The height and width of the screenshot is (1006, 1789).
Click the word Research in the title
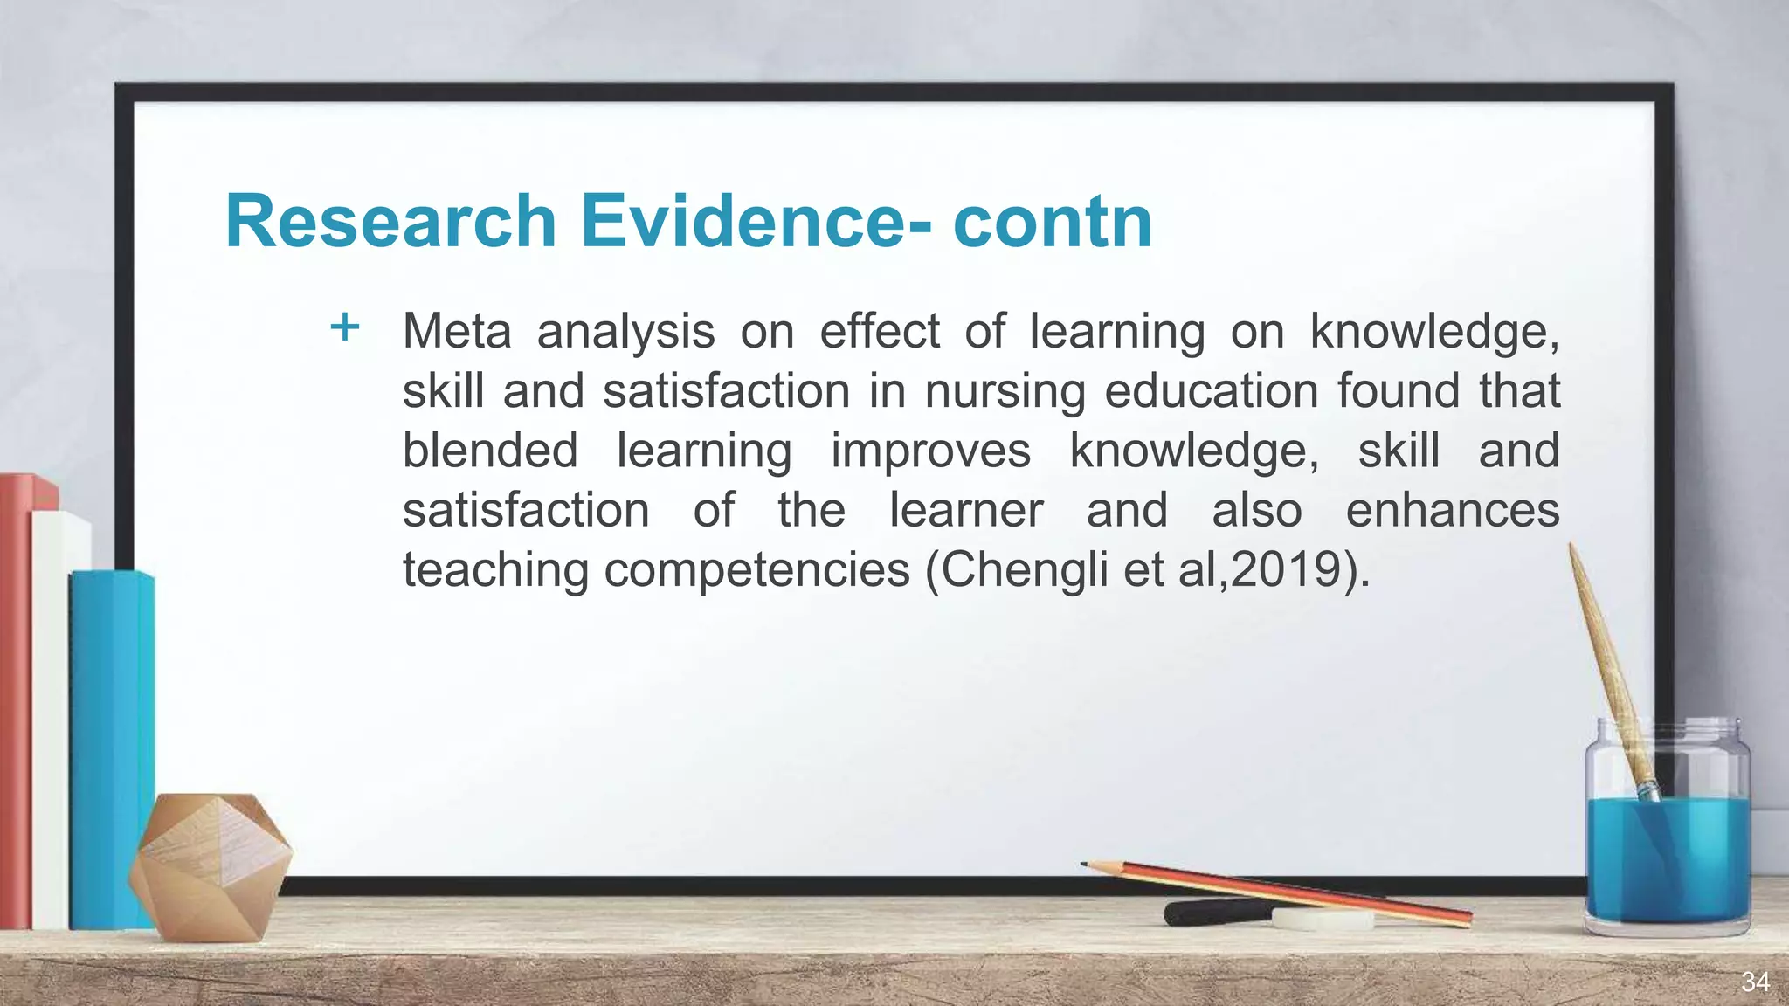click(x=390, y=221)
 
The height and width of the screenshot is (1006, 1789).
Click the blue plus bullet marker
click(x=345, y=327)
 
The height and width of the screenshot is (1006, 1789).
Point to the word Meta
click(x=456, y=332)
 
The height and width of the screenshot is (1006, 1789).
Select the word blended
click(x=490, y=451)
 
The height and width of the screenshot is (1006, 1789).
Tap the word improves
click(x=930, y=451)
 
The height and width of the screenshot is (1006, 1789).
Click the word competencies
click(x=756, y=569)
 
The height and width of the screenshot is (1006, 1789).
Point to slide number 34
click(x=1755, y=982)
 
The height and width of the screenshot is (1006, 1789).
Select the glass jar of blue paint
click(x=1667, y=838)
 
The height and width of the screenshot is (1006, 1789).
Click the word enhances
click(x=1452, y=510)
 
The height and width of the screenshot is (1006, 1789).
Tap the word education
click(x=1211, y=391)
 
